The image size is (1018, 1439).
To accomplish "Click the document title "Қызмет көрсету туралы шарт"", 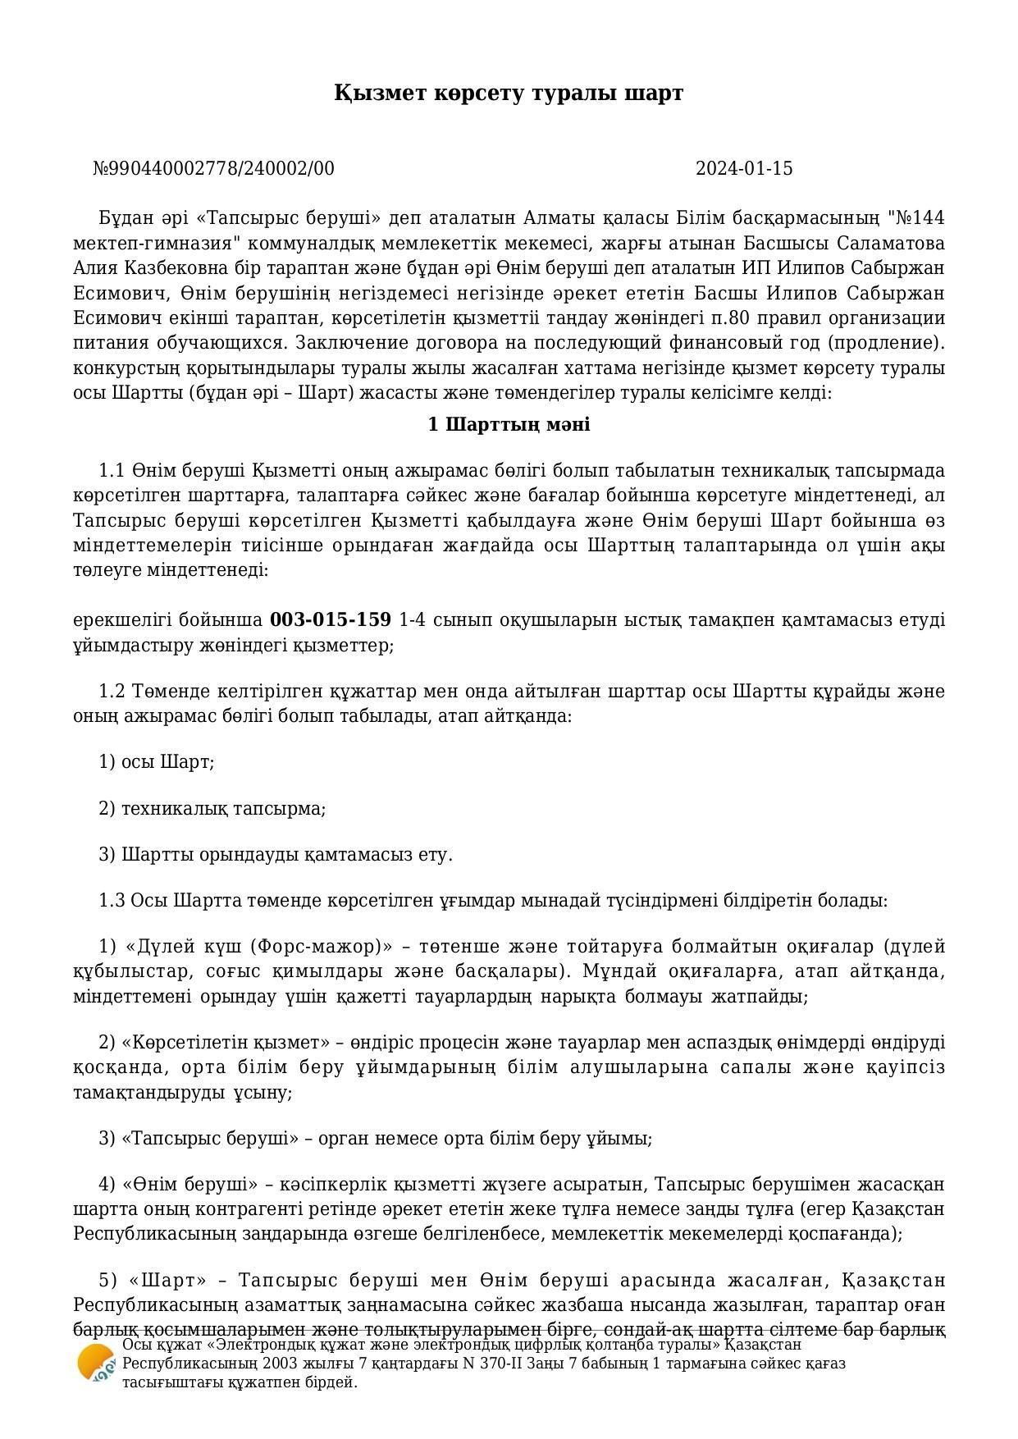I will tap(509, 93).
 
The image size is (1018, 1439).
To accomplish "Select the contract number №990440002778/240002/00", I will tap(214, 169).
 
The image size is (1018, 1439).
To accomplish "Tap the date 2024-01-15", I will tap(744, 169).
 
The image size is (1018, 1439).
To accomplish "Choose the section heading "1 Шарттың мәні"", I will tap(509, 425).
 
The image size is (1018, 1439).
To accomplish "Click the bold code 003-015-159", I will tap(331, 619).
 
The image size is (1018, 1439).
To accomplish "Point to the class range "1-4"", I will tap(413, 619).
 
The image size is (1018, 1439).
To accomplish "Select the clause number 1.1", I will tap(111, 471).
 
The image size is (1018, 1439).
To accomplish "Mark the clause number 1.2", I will tap(111, 691).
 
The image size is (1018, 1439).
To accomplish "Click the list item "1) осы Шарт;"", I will tap(157, 762).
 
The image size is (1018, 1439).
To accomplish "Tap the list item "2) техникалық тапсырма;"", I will tap(212, 809).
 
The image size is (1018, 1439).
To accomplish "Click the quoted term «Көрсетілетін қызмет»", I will tap(221, 1043).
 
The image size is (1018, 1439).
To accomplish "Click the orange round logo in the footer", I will tap(96, 1364).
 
